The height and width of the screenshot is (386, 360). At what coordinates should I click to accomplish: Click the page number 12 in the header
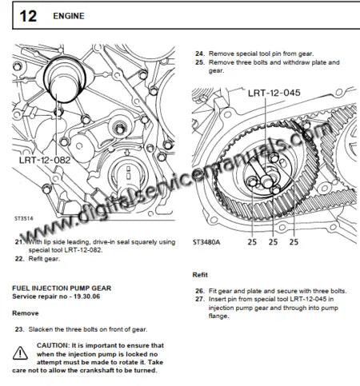[x=26, y=15]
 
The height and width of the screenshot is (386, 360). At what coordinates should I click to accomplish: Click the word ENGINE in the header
[x=70, y=16]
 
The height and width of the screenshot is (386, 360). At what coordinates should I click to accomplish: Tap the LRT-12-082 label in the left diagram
[x=46, y=160]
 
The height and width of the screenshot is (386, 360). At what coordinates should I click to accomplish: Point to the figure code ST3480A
[x=207, y=238]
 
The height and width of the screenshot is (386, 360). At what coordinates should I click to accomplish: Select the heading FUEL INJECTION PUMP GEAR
[x=62, y=285]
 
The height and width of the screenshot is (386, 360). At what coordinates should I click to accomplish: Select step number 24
[x=200, y=53]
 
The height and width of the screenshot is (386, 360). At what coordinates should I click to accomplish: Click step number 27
[x=200, y=299]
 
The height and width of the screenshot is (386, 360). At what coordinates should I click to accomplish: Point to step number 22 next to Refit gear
[x=20, y=259]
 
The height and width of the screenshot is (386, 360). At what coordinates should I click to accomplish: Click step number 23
[x=20, y=329]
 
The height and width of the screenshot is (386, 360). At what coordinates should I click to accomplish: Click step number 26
[x=200, y=290]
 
